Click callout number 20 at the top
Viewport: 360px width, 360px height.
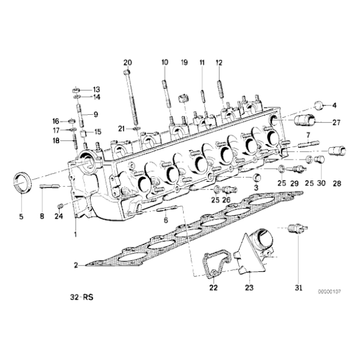pyautogui.click(x=128, y=62)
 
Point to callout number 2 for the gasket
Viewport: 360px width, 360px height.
pyautogui.click(x=76, y=265)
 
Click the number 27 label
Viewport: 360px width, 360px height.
pyautogui.click(x=336, y=123)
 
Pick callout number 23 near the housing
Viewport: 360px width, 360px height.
pyautogui.click(x=250, y=287)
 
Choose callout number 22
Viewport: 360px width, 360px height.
pyautogui.click(x=212, y=287)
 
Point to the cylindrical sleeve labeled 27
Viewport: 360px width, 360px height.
pyautogui.click(x=307, y=119)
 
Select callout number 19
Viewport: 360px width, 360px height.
pyautogui.click(x=184, y=63)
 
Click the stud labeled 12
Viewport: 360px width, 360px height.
pyautogui.click(x=220, y=86)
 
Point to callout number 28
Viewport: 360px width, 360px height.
pyautogui.click(x=337, y=184)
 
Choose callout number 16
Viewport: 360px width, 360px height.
pyautogui.click(x=56, y=121)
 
